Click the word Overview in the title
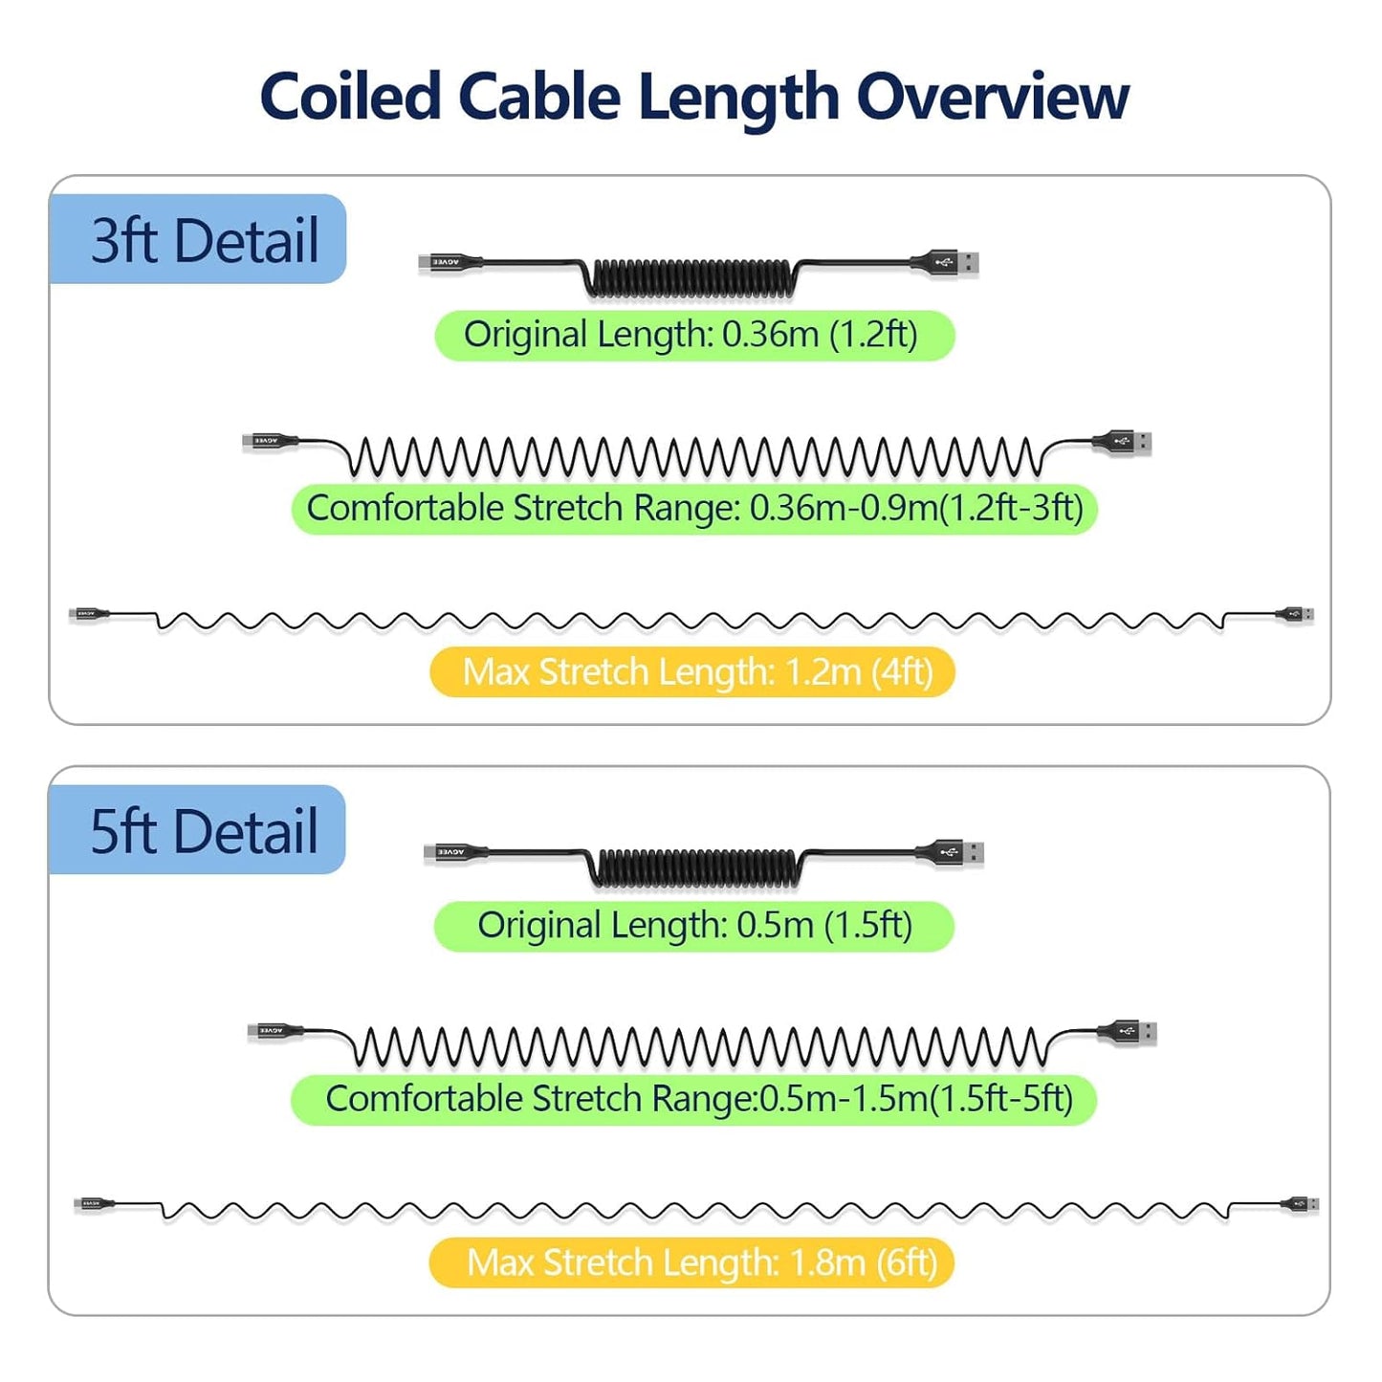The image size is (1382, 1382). coord(992,97)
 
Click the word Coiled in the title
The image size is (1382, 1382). coord(349,97)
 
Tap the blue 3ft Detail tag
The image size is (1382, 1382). coord(198,239)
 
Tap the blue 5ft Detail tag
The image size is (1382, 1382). coord(198,830)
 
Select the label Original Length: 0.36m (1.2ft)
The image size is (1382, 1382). coord(693,336)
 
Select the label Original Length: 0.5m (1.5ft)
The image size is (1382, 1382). coord(693,926)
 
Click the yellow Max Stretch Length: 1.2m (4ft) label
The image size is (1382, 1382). coord(693,671)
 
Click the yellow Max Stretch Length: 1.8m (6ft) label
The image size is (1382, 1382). coord(693,1262)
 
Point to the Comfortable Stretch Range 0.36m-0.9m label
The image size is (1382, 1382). coord(693,508)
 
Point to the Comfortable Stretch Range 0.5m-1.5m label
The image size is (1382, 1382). coord(693,1099)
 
